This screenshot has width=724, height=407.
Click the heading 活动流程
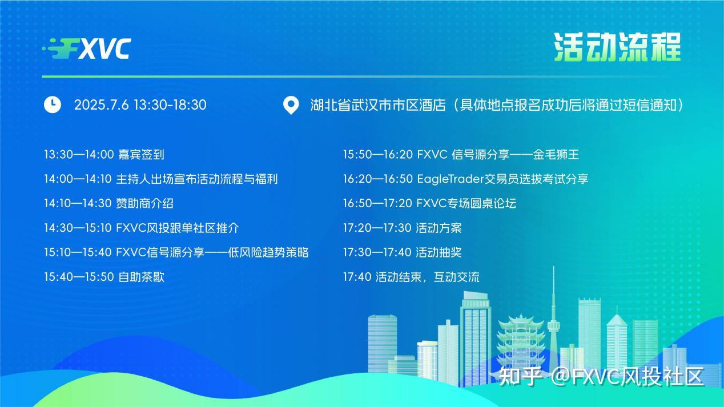pos(617,47)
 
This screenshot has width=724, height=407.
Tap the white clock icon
pos(53,104)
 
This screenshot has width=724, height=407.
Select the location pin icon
pos(291,106)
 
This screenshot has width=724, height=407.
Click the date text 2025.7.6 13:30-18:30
pos(140,105)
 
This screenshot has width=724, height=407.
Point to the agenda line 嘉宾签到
pos(104,154)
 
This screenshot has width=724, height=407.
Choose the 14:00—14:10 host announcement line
pos(160,179)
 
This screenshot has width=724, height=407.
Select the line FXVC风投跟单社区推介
pos(142,228)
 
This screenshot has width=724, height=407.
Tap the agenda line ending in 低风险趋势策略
pos(176,252)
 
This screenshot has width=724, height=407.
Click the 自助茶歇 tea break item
pos(104,277)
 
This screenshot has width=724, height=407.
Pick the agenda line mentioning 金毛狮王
pos(461,154)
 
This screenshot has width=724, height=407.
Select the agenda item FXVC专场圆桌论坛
pos(429,203)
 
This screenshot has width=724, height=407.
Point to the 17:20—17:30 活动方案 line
pos(402,228)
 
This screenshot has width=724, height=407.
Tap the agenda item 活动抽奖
pos(402,252)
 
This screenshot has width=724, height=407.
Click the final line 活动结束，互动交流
pos(411,277)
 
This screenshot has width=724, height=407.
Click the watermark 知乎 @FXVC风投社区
pos(601,377)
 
